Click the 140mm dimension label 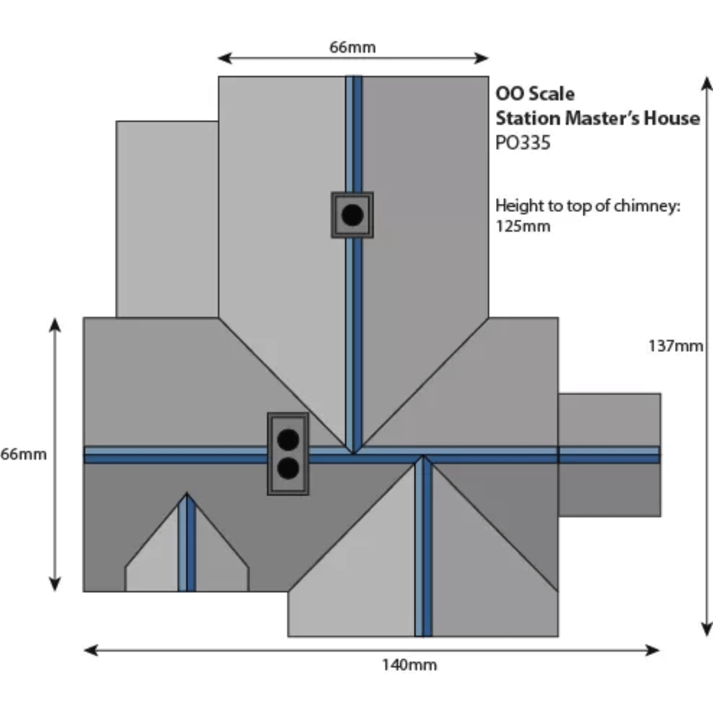point(409,664)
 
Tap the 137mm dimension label point(675,346)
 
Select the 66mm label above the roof point(352,47)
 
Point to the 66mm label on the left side point(23,455)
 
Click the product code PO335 point(523,143)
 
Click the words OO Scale point(535,94)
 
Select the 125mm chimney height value point(523,226)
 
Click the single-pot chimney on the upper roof point(352,215)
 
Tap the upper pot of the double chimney point(288,440)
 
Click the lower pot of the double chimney point(288,468)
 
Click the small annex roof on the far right point(609,455)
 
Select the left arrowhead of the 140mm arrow point(89,650)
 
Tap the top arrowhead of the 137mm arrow point(706,82)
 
